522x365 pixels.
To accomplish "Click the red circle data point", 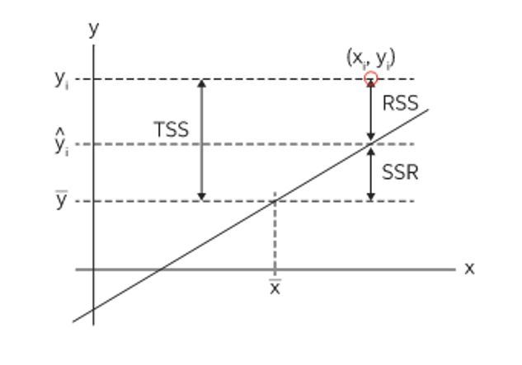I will coord(371,79).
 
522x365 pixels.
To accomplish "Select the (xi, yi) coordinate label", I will coord(371,58).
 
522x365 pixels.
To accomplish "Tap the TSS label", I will coord(171,130).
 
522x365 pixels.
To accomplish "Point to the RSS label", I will coord(401,104).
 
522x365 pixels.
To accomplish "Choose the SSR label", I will coord(400,173).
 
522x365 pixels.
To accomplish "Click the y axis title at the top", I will coord(93,30).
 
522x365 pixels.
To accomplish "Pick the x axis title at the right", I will coord(469,268).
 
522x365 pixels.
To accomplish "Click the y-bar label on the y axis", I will coord(62,200).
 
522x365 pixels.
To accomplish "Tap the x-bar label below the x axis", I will coord(275,288).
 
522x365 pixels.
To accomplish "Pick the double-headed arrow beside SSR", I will coord(371,172).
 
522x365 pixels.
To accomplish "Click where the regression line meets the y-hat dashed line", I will coord(371,144).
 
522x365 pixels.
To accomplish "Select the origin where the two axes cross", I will coord(94,269).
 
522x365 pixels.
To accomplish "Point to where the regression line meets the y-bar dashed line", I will coord(275,200).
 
